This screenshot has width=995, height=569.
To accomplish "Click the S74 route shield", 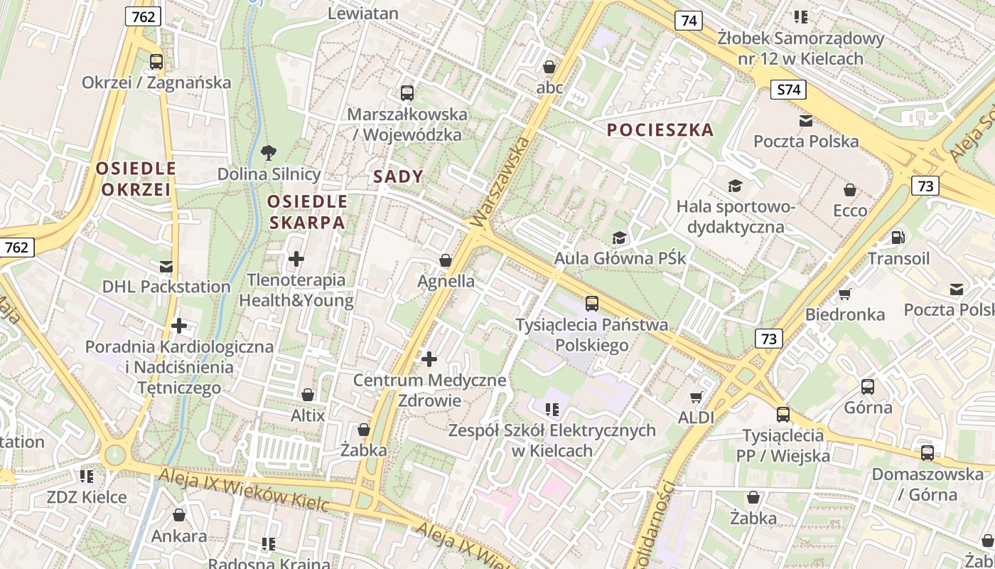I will tap(789, 90).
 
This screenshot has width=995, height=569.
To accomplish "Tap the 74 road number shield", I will tap(689, 21).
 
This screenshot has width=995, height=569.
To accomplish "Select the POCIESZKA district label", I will tap(660, 129).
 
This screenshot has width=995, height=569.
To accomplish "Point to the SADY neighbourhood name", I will tap(398, 177).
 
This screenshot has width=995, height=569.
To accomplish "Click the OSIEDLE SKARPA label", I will tap(306, 212).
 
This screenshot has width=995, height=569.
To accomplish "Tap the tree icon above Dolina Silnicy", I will tap(269, 151).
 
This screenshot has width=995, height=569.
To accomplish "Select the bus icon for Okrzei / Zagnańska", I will tap(156, 62).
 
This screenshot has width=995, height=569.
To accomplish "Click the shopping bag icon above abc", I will tap(549, 68).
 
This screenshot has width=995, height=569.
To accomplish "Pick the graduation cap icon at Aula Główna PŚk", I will tap(620, 237).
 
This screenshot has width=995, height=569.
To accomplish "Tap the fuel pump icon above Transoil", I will tap(898, 237).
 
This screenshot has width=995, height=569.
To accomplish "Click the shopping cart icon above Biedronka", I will tap(844, 293).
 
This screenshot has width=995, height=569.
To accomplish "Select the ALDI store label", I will tap(696, 418).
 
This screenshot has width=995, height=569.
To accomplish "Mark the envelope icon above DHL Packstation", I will tap(166, 267).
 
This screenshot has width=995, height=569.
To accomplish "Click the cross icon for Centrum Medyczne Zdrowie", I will tap(429, 359).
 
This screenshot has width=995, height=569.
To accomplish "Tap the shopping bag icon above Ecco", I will tap(850, 190).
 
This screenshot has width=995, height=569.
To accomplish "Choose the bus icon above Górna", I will tap(868, 387).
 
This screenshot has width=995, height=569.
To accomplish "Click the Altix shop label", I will tap(308, 415).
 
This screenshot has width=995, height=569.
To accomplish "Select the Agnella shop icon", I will tap(446, 260).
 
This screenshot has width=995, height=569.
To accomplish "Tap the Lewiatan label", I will tap(363, 13).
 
